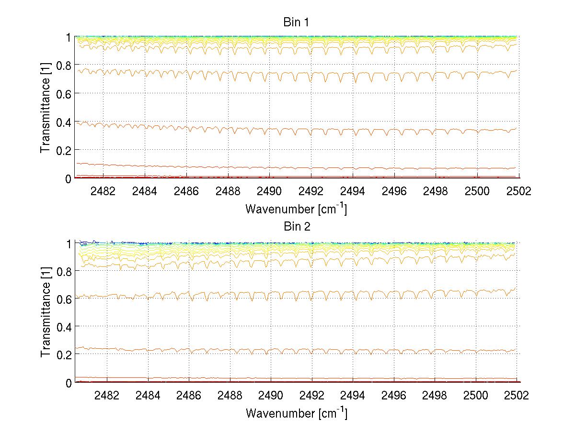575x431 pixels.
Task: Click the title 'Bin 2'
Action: [x=297, y=227]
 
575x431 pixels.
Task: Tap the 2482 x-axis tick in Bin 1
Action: [x=106, y=191]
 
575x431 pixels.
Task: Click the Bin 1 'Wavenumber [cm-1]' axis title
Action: [x=296, y=209]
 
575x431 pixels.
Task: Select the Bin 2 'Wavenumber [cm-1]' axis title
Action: [x=296, y=412]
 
